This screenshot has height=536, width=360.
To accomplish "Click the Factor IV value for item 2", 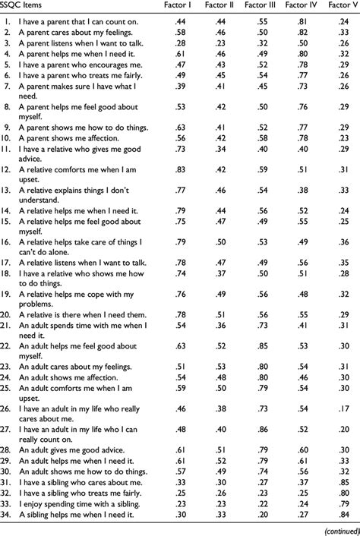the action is (x=304, y=34).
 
